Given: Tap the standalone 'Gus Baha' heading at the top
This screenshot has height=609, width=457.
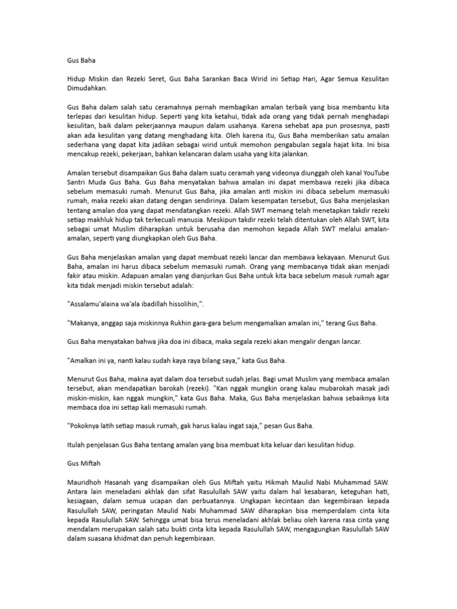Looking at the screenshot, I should (x=81, y=59).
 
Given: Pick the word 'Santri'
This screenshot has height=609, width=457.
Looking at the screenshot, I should (x=77, y=183).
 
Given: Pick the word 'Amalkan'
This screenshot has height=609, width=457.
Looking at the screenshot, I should (x=87, y=361).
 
